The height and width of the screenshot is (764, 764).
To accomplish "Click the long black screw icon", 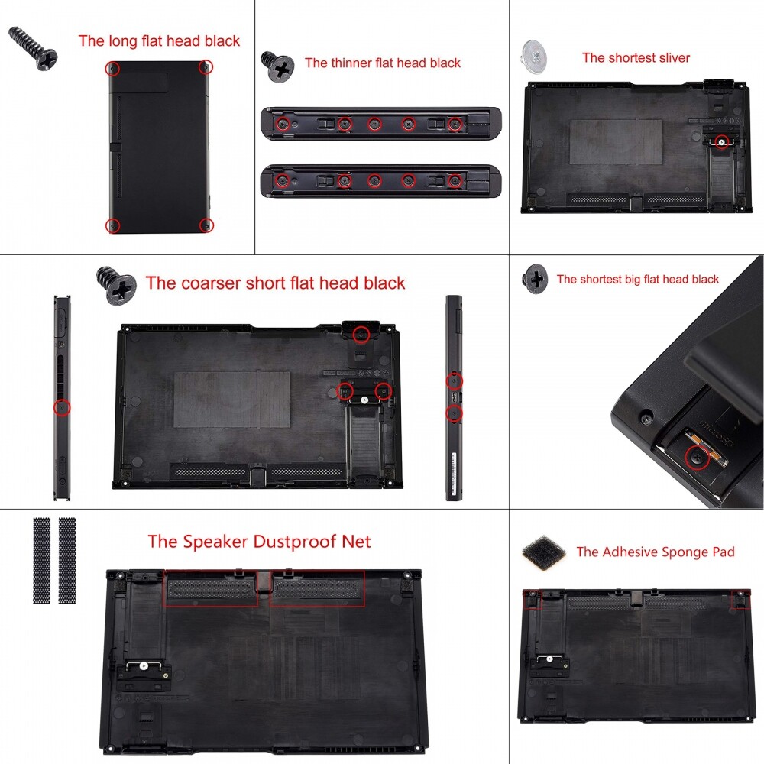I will (x=35, y=47).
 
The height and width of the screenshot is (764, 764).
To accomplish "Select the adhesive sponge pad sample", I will (x=545, y=551).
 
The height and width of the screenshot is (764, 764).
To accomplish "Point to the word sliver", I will (x=672, y=58).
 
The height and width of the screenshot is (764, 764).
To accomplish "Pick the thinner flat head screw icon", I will (x=278, y=66).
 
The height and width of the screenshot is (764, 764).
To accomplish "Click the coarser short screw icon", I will (x=117, y=286).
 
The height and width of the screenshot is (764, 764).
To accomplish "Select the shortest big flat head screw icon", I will (x=535, y=279).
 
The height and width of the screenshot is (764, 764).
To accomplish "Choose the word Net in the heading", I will (x=354, y=542).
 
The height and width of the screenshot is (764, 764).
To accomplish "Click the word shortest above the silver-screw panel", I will (x=633, y=58).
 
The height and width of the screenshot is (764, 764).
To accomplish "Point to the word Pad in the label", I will (x=722, y=552).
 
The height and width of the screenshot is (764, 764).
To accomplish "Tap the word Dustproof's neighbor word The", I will (x=162, y=542).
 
